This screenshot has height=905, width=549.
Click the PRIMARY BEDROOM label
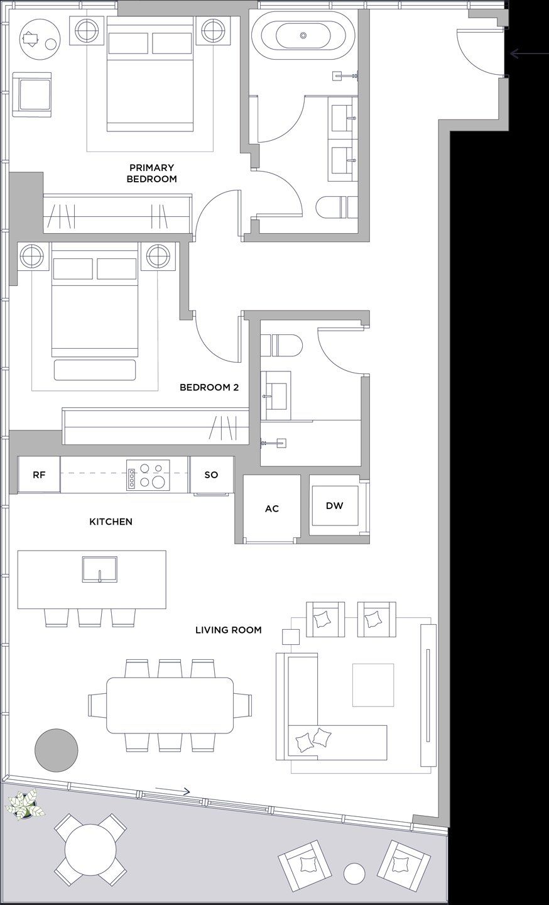tap(151, 173)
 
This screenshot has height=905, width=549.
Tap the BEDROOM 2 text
tap(209, 387)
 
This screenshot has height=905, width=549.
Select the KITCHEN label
tap(111, 522)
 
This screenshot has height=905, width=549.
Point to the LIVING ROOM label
tap(228, 630)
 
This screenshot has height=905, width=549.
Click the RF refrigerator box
tap(39, 474)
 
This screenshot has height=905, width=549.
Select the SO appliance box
tap(212, 474)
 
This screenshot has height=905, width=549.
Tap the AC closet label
tap(271, 508)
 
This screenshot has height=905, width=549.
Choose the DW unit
tap(334, 505)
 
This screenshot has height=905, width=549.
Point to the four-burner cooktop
tap(148, 474)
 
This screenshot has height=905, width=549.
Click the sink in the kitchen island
tap(99, 569)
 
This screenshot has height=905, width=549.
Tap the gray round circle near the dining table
tap(57, 750)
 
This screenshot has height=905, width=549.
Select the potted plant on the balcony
tap(24, 806)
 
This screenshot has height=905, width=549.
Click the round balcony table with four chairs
tap(90, 850)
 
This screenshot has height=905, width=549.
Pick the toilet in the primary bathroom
tap(337, 208)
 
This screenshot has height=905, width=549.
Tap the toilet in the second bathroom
tap(281, 344)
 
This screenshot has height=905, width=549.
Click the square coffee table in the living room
tap(372, 684)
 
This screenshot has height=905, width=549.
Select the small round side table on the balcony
tap(355, 873)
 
